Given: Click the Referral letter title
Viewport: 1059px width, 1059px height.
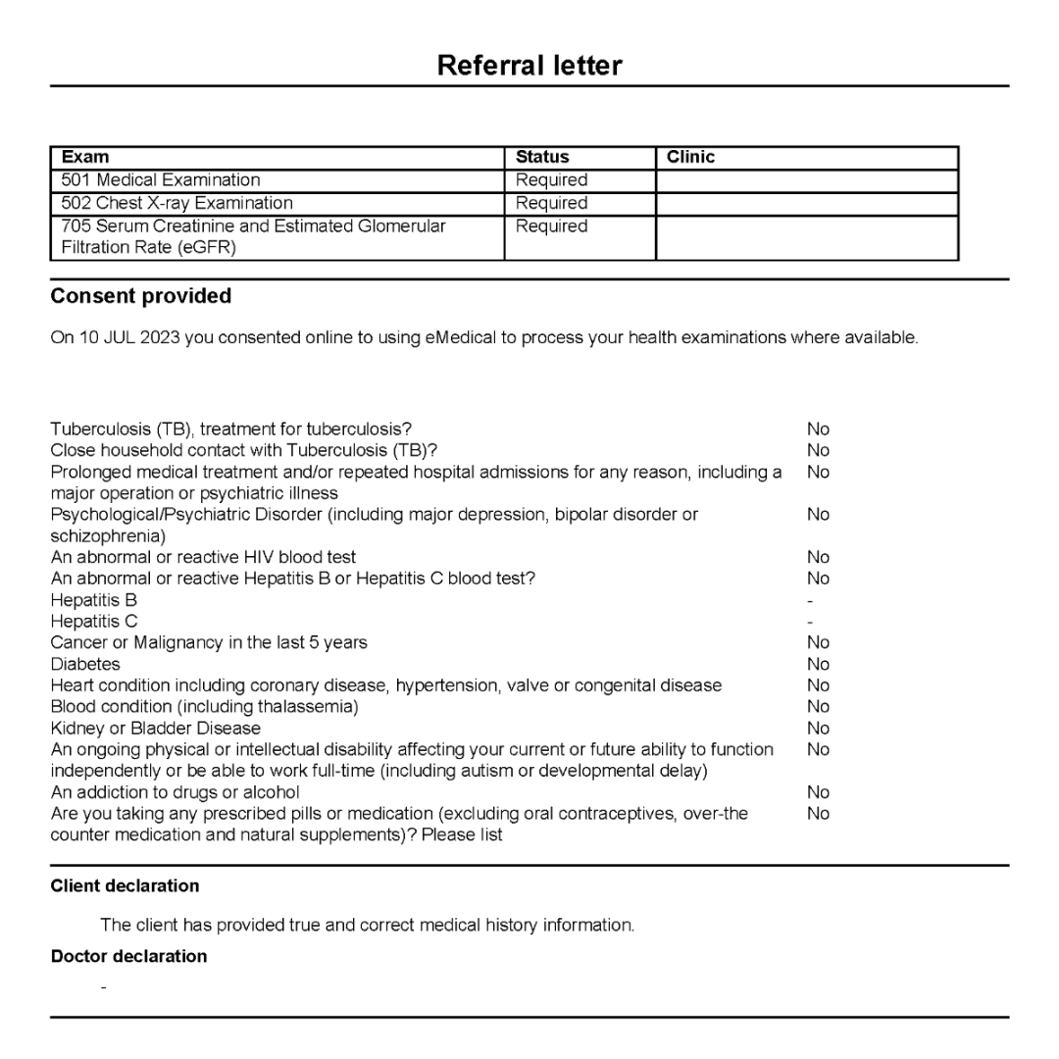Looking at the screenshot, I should [x=529, y=66].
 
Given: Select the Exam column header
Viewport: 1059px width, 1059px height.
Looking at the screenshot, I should [x=85, y=157].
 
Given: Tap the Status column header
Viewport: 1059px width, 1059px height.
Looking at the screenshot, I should [x=542, y=157].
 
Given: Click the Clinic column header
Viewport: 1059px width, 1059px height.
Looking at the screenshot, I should [x=690, y=157].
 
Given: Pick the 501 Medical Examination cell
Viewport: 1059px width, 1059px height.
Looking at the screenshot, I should [x=161, y=179].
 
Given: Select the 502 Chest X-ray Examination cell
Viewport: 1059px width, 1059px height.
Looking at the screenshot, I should [x=176, y=203].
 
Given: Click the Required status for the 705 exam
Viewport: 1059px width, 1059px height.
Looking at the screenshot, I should [x=552, y=227].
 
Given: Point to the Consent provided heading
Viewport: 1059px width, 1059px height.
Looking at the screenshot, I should [x=141, y=296].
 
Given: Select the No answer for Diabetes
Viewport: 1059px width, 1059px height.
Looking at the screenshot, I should [x=818, y=665].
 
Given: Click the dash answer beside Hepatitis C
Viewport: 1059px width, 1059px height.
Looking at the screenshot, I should [x=810, y=622].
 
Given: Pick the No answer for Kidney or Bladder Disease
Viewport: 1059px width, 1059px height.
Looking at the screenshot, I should [x=818, y=729].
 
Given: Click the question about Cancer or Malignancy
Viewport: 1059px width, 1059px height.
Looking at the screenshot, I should [x=209, y=643].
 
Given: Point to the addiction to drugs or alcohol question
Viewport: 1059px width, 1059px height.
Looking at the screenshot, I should [x=175, y=792].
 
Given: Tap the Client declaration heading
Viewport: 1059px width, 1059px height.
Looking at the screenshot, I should [x=125, y=886].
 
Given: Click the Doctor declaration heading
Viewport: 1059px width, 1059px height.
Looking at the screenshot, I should [x=128, y=957].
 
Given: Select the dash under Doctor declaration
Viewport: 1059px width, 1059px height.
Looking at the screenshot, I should [x=103, y=985].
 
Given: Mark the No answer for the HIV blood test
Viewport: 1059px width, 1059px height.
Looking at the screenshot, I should [x=818, y=557].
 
